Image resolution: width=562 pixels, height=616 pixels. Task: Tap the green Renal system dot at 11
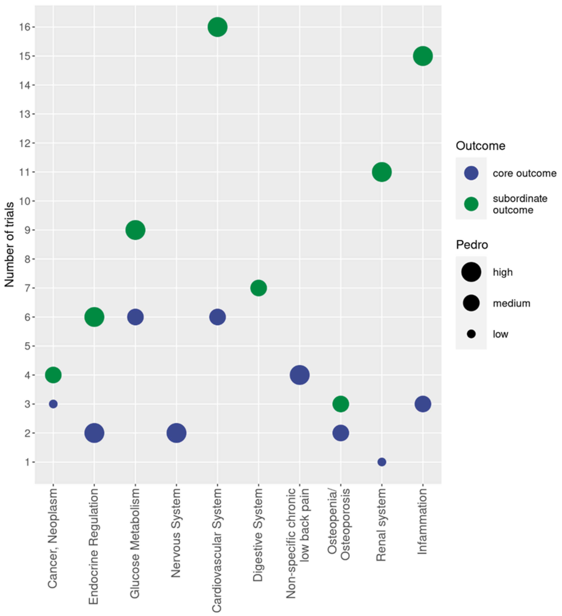click(382, 172)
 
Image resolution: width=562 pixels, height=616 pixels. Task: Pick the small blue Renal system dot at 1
click(382, 462)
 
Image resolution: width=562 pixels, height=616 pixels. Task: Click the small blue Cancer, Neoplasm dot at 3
click(53, 404)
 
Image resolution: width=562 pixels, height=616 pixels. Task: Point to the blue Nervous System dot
click(176, 433)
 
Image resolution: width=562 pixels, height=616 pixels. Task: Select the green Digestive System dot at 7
click(258, 288)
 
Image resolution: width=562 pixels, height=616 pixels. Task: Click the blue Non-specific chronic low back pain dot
click(299, 375)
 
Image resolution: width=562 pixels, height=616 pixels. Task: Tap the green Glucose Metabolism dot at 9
click(135, 230)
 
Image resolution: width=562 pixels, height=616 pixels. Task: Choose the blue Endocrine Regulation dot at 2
click(94, 433)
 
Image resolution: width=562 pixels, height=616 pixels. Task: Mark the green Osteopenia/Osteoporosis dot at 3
click(341, 404)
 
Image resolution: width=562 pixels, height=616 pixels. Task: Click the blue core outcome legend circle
click(471, 173)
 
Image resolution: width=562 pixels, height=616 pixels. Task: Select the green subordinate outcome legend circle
click(471, 204)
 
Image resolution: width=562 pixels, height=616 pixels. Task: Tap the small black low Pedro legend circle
click(471, 334)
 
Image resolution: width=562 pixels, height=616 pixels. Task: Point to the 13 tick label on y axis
click(25, 114)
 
